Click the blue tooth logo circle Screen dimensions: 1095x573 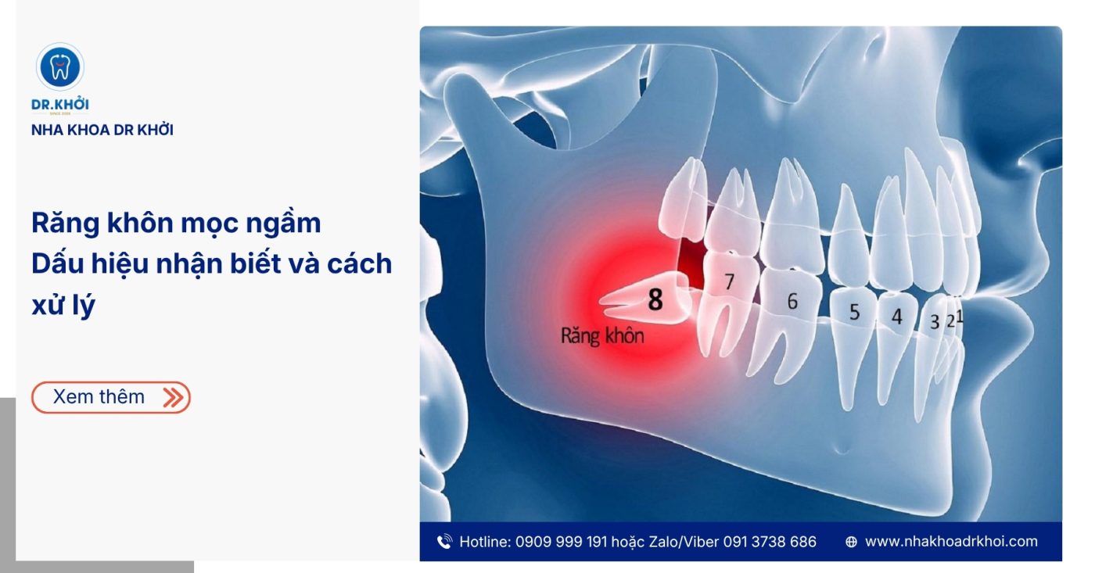(x=60, y=67)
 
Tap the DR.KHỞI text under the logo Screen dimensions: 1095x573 (x=60, y=104)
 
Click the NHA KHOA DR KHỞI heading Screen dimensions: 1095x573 (x=102, y=130)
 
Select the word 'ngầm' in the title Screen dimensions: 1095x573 (x=283, y=224)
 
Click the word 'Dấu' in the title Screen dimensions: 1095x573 (x=58, y=263)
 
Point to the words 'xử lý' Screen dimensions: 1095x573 (x=63, y=306)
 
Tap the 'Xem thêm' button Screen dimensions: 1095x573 (x=111, y=397)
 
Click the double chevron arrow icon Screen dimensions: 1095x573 (x=173, y=397)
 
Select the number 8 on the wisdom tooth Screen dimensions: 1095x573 (x=655, y=299)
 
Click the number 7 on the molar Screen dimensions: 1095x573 (x=729, y=281)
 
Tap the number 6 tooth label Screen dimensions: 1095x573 (x=792, y=302)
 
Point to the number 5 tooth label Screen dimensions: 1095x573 (x=854, y=312)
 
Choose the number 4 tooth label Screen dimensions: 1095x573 (x=896, y=317)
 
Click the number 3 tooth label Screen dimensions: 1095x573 (x=934, y=322)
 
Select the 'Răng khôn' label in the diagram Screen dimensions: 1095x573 (x=602, y=336)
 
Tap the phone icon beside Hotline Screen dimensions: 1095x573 (x=444, y=542)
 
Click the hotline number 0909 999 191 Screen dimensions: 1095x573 (x=562, y=542)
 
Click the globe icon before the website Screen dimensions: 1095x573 (x=851, y=542)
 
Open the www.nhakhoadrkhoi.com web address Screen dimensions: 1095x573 (x=951, y=542)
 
